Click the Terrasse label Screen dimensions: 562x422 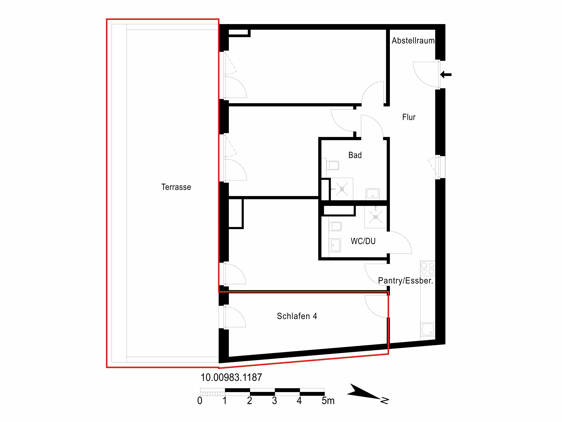tap(176, 187)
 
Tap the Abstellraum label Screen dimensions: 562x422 tap(413, 40)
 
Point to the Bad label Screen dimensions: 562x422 tap(355, 155)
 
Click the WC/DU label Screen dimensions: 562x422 tap(363, 241)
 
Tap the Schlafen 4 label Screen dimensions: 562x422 tap(297, 316)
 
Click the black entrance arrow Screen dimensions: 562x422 tap(446, 75)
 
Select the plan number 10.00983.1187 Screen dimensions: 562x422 tap(231, 378)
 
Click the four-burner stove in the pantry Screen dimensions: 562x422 tap(428, 268)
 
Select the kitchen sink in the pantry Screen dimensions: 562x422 tap(428, 329)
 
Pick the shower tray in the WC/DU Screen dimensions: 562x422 tap(375, 217)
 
